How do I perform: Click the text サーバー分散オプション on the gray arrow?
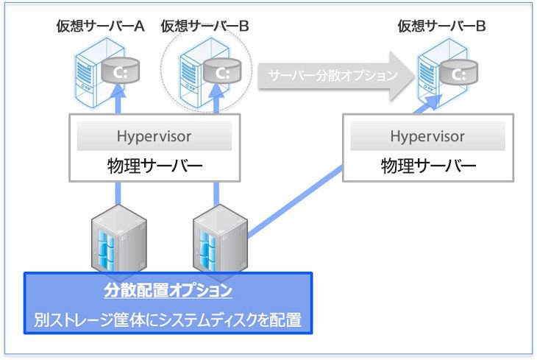[333, 75]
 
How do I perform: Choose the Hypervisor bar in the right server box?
[427, 136]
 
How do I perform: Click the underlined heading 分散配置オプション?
[168, 291]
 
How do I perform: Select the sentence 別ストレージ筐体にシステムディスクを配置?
[168, 321]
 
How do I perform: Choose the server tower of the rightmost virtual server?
[433, 71]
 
